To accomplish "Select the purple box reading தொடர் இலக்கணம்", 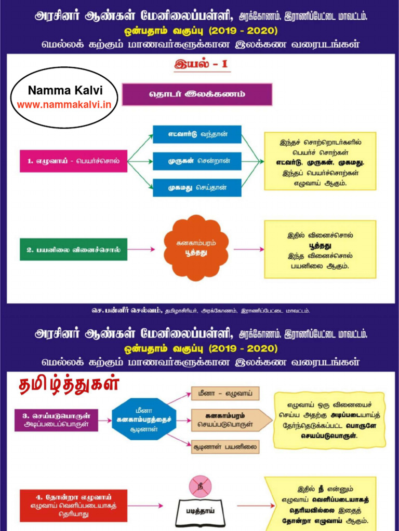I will (197, 94).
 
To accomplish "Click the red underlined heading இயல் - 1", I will (201, 65).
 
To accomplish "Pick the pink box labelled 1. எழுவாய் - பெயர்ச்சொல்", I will (73, 161).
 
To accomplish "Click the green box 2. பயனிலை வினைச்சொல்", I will (73, 249).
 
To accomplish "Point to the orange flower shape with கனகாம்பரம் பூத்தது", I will (196, 248).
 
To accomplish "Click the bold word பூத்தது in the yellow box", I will (320, 245).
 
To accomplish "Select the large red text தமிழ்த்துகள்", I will (69, 385).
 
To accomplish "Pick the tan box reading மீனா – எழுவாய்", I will (225, 394).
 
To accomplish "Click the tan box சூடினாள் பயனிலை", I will (225, 446).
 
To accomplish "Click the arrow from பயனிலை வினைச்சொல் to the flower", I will (141, 249).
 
